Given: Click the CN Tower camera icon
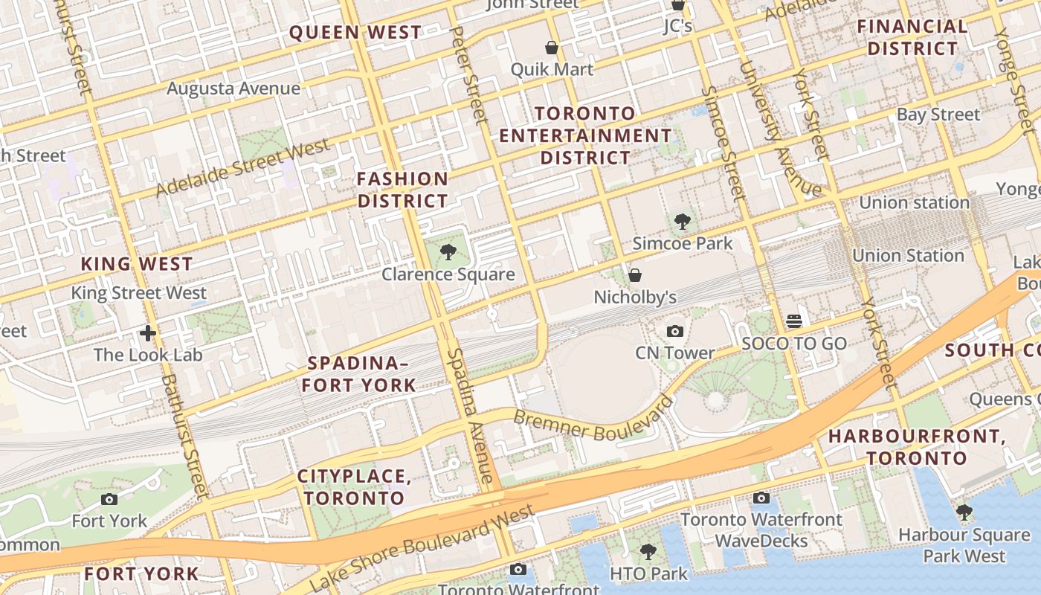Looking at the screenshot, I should [675, 332].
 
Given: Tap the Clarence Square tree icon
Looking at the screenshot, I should [448, 252].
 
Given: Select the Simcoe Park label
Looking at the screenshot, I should [682, 243].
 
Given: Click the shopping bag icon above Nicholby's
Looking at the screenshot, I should [635, 275].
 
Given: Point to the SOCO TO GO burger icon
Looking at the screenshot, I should [794, 321].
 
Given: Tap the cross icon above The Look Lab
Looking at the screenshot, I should [148, 332].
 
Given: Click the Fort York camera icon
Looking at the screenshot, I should [109, 499].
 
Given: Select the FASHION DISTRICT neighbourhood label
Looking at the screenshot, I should [402, 190].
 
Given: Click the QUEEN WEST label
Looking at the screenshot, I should [355, 33].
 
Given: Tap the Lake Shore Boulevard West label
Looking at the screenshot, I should [422, 548].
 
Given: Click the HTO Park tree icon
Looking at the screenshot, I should [648, 551].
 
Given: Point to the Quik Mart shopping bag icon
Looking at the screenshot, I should [552, 48].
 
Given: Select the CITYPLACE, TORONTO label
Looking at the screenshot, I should [354, 487].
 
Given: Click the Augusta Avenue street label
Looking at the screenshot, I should [233, 89].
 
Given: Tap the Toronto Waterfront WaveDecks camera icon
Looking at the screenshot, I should [761, 498].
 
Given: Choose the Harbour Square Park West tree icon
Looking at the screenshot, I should [964, 512].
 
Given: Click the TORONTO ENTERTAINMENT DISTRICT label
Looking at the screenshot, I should [585, 135].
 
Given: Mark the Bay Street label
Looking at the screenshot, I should [938, 115].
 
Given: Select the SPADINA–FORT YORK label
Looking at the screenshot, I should [361, 374].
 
